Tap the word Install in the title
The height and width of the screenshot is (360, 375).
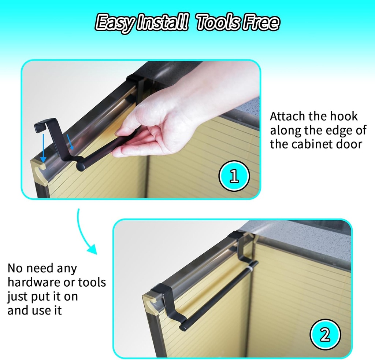point(161,22)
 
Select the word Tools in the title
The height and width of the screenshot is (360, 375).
point(217,22)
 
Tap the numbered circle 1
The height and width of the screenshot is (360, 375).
point(234,176)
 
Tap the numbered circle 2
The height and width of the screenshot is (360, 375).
point(325,335)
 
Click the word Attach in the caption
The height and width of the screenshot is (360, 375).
point(287,117)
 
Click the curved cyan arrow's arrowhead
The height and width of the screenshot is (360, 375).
point(92,249)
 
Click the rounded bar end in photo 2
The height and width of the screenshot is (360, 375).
point(183,327)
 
